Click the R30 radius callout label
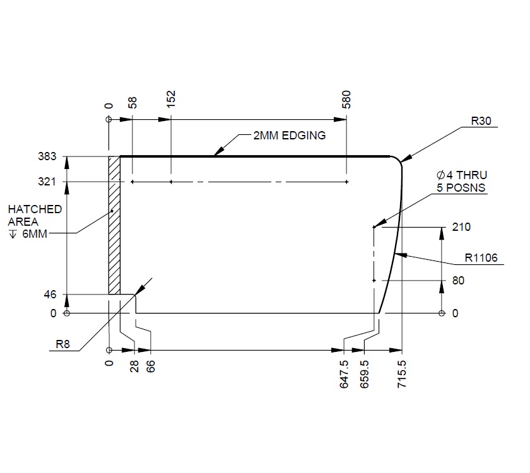(x=481, y=121)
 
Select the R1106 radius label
(x=481, y=258)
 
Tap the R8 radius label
(x=62, y=344)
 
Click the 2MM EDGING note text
(x=290, y=136)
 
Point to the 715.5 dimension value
(x=401, y=374)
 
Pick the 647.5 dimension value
(x=344, y=374)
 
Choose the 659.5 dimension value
(x=364, y=374)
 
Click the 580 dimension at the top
(x=346, y=100)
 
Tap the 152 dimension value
(x=172, y=99)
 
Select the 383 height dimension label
(x=47, y=156)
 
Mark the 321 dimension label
(x=47, y=182)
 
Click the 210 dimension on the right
(x=461, y=227)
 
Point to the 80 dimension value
(x=458, y=281)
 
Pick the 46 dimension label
(x=50, y=295)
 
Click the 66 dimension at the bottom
(x=151, y=366)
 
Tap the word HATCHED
(x=35, y=209)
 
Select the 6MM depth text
(x=35, y=234)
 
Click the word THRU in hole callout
(x=471, y=175)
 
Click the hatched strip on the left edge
(x=114, y=225)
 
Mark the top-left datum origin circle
(x=109, y=119)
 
